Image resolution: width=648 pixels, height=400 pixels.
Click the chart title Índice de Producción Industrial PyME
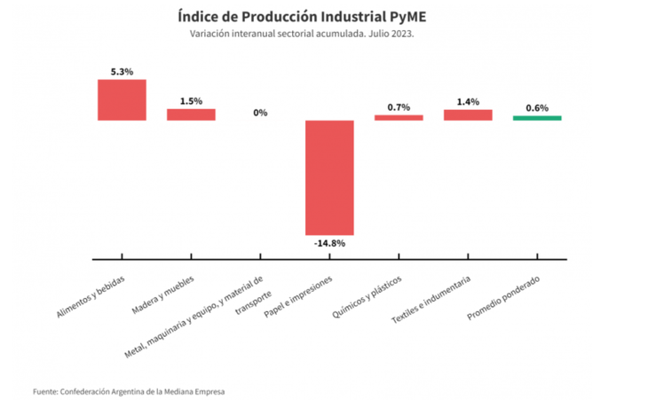[302, 15]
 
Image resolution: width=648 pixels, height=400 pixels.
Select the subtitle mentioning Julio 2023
[302, 34]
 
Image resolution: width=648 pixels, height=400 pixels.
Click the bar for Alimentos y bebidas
[122, 99]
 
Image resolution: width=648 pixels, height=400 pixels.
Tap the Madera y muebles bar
[191, 114]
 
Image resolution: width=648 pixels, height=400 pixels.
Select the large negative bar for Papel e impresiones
[329, 176]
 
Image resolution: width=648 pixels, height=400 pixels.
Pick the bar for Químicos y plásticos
[399, 117]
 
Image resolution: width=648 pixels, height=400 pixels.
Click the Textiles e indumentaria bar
[468, 114]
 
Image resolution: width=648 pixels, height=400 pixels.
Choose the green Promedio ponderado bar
[537, 117]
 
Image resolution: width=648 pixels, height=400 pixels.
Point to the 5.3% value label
[122, 72]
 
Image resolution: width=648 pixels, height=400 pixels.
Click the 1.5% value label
[191, 101]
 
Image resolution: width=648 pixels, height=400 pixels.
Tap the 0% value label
[260, 113]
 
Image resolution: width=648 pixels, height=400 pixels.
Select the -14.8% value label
[329, 242]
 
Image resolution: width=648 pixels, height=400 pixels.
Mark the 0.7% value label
[399, 107]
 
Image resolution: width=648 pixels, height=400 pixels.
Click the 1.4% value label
[468, 102]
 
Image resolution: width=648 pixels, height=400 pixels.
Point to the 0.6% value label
[537, 107]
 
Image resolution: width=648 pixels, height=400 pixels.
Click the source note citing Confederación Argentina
[129, 391]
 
